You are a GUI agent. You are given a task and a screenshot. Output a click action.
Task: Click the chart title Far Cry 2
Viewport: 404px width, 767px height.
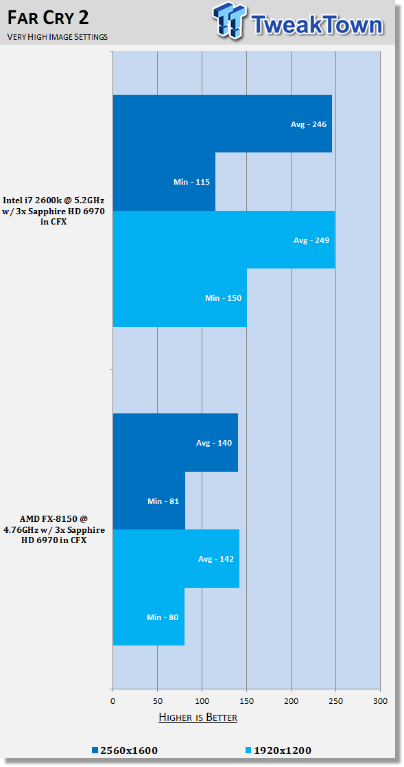(x=49, y=18)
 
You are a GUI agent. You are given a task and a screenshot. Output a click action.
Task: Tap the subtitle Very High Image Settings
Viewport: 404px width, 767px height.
(x=57, y=36)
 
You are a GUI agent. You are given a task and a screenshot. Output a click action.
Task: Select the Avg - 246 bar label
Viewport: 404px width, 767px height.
(x=309, y=124)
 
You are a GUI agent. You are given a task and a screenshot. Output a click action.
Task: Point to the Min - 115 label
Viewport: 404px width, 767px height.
(x=191, y=182)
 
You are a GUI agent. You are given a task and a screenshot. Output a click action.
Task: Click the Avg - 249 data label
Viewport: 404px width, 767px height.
(x=311, y=240)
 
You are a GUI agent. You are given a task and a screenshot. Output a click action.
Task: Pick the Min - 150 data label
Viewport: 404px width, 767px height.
(x=223, y=298)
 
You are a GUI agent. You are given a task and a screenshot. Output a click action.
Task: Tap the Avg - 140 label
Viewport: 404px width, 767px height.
(x=214, y=443)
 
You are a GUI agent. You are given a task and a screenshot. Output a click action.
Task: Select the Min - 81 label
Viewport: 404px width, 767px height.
(x=163, y=501)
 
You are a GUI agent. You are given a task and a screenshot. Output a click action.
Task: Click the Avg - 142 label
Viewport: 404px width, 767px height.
(x=216, y=559)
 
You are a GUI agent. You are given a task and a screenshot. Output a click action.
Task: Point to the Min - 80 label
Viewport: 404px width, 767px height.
(x=163, y=617)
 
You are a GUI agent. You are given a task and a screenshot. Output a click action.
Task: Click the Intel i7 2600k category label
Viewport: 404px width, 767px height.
(x=54, y=210)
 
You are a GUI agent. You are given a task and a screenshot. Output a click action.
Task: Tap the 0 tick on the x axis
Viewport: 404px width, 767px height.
(x=113, y=701)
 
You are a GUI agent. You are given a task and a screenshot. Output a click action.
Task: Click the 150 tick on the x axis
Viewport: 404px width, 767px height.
(x=247, y=701)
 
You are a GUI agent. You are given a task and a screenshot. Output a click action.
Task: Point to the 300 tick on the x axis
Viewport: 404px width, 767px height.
(x=380, y=701)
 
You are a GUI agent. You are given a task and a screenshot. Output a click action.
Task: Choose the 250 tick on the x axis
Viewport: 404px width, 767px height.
(x=335, y=701)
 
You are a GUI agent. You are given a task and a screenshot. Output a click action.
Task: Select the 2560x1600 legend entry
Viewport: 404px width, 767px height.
(x=125, y=751)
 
